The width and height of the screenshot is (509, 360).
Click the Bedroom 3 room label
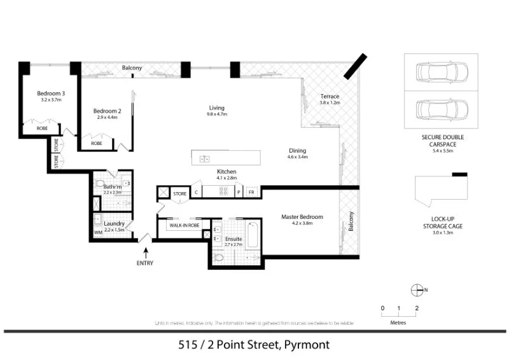point(50,93)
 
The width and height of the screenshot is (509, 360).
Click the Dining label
point(298,150)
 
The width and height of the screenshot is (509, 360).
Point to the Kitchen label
point(227,172)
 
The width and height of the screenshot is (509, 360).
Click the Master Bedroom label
point(302,217)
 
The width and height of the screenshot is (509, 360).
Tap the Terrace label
point(330,96)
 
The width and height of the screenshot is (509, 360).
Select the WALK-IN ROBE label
point(185,225)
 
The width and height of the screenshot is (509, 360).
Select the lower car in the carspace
point(441,110)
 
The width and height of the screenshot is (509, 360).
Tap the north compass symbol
point(418,289)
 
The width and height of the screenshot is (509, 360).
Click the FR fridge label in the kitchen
point(251,192)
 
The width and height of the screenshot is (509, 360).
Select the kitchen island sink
point(205,158)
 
